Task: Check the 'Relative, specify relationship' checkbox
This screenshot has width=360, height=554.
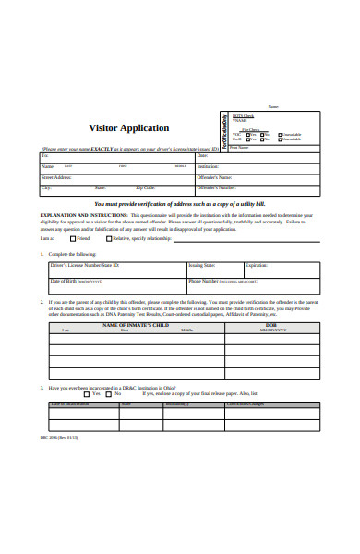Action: (109, 237)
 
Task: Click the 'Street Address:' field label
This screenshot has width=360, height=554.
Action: (56, 176)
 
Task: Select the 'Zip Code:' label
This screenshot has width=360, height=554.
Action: (146, 187)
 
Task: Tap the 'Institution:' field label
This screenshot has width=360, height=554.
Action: (234, 166)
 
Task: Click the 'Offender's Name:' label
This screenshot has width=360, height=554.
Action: (244, 176)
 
